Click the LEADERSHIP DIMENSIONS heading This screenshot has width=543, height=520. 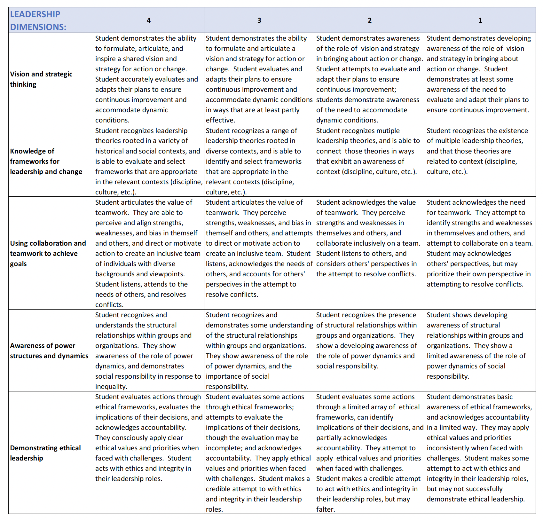click(38, 20)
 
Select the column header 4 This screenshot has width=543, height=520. click(149, 20)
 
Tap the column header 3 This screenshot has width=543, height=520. click(259, 20)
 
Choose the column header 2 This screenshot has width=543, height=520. click(370, 20)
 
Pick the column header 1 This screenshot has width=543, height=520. click(480, 20)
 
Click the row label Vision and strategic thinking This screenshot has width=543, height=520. click(41, 79)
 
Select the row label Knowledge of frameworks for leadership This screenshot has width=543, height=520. click(46, 161)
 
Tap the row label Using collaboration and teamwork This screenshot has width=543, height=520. click(48, 253)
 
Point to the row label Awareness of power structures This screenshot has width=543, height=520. click(49, 351)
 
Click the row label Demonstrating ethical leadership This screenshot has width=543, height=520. click(45, 453)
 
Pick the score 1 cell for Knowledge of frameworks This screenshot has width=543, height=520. click(480, 161)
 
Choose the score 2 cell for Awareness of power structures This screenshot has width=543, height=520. click(370, 350)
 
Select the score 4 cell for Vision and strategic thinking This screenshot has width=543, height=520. click(149, 79)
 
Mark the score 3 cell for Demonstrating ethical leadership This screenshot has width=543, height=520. click(259, 453)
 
